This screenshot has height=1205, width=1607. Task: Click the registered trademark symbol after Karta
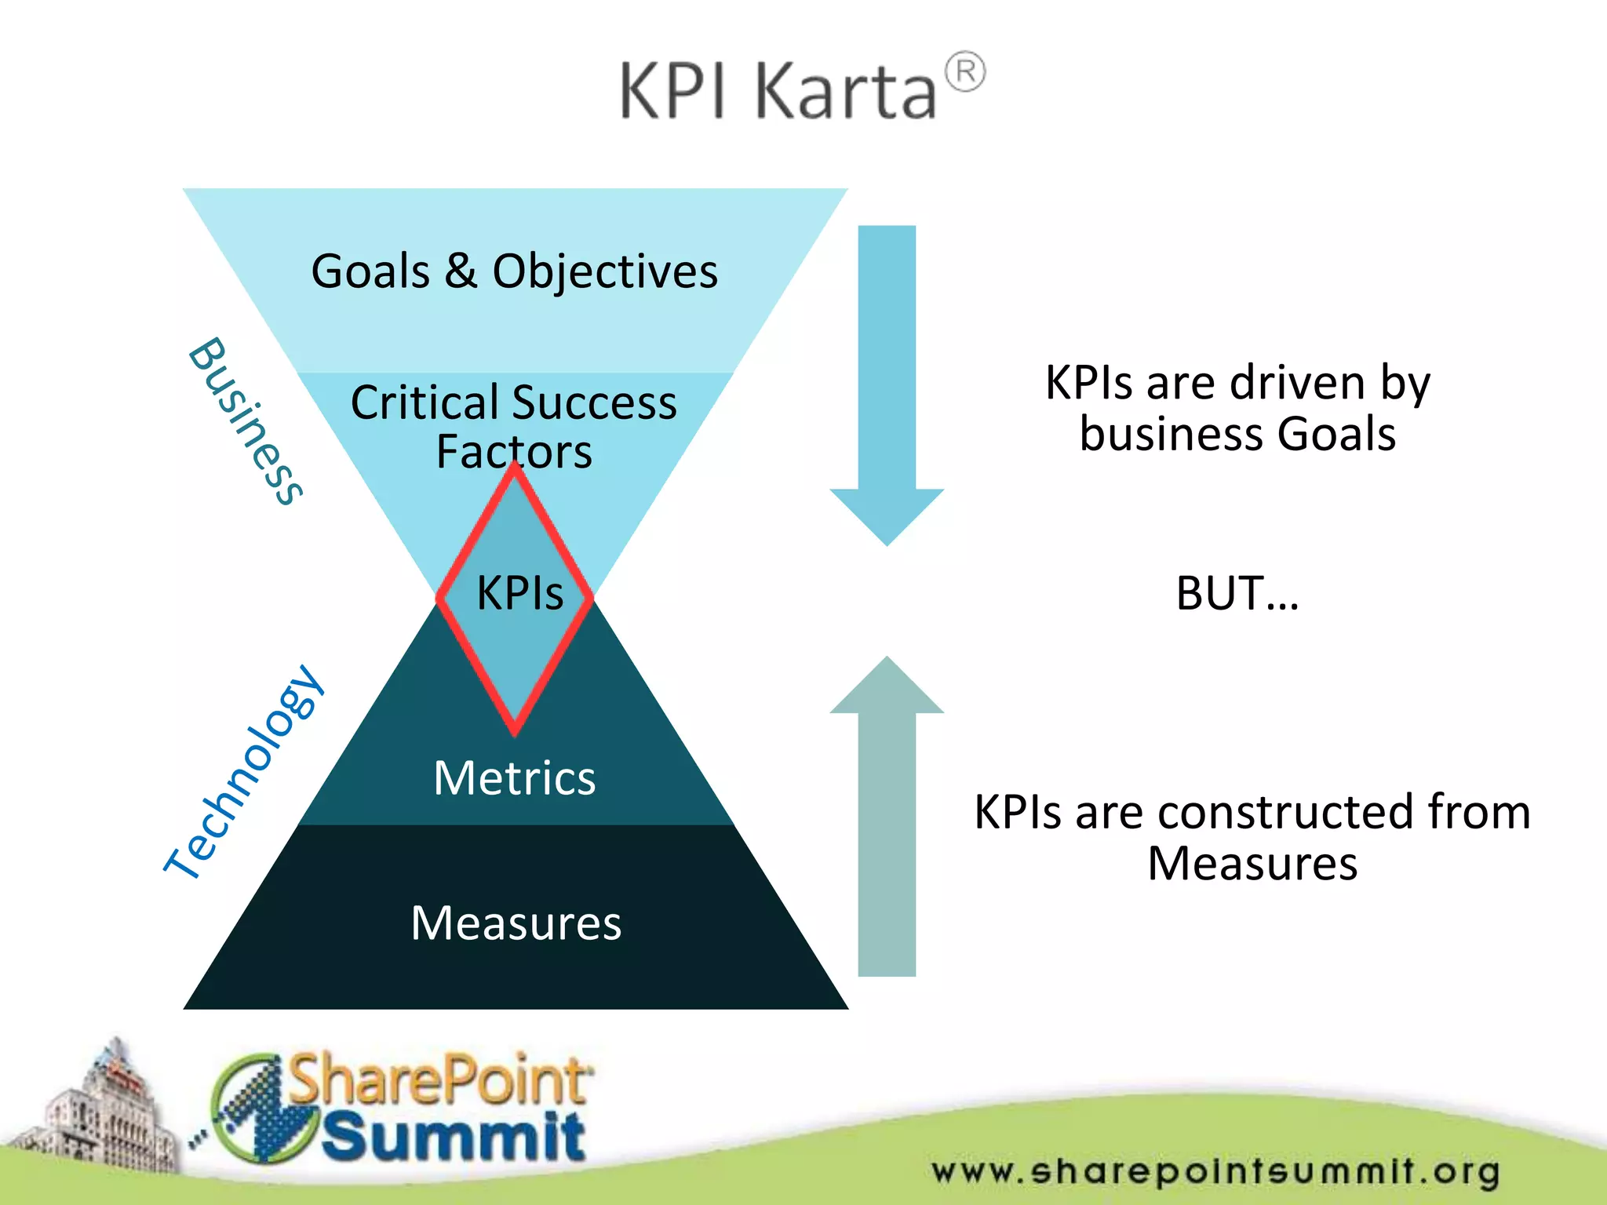pos(964,73)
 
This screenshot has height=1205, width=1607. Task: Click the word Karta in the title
pos(845,93)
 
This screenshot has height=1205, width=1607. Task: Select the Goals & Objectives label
pos(514,271)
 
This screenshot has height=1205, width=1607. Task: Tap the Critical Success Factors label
pos(514,426)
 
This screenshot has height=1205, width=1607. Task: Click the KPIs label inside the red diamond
pos(519,592)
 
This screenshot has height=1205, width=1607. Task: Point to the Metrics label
pos(514,778)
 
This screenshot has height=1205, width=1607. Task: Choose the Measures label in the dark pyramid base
pos(516,923)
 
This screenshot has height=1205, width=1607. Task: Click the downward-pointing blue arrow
pos(887,384)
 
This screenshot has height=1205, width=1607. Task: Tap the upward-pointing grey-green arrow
pos(887,816)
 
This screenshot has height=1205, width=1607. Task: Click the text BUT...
pos(1236,593)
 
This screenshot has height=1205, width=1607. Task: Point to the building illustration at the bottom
pos(102,1114)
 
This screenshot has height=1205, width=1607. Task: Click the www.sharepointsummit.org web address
pos(1215,1171)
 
